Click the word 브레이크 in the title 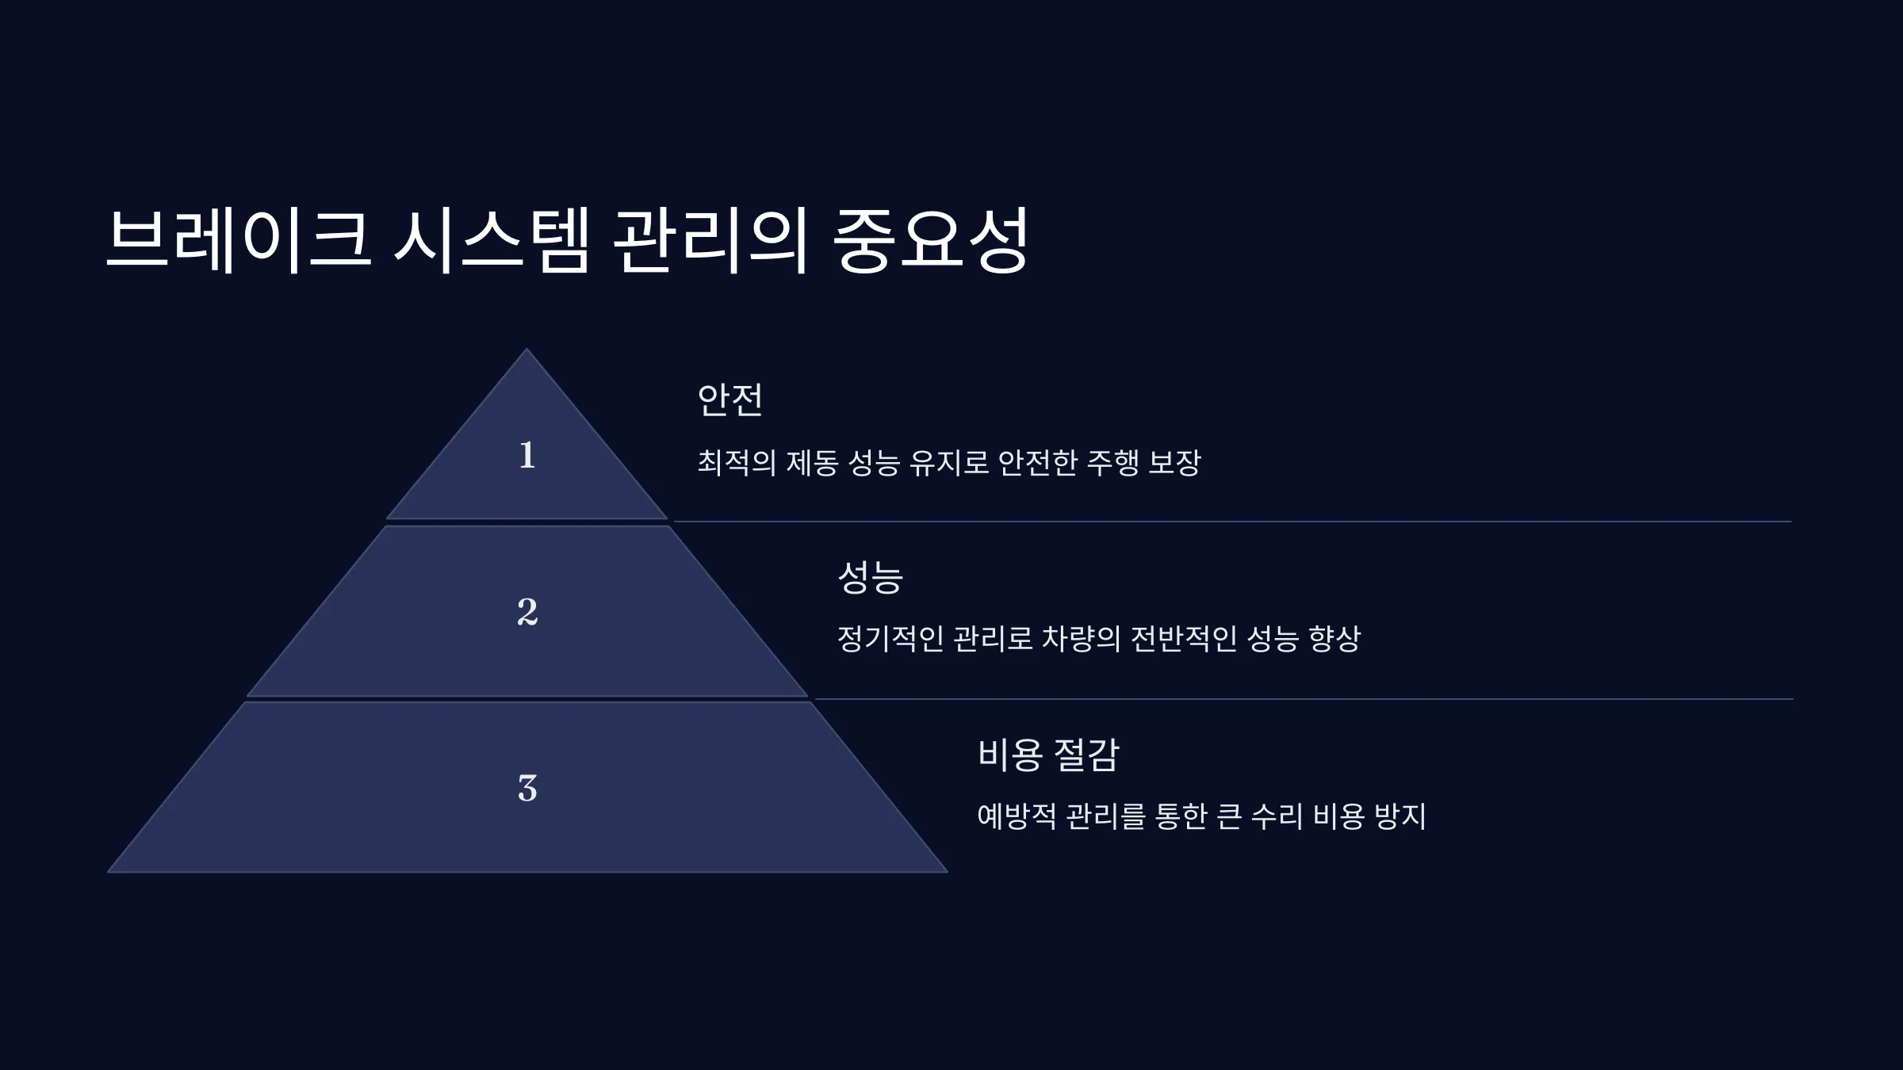click(x=238, y=240)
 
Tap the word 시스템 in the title click(x=492, y=240)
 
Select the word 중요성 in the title click(x=930, y=240)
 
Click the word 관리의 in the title click(x=710, y=240)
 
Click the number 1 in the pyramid click(x=527, y=456)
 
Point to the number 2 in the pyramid click(x=527, y=612)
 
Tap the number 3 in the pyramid click(x=527, y=789)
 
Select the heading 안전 click(x=730, y=399)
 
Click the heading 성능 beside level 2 click(x=871, y=576)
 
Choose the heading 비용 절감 click(x=1048, y=754)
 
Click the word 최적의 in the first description click(x=737, y=462)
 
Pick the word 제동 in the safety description click(x=812, y=462)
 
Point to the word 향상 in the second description click(x=1334, y=638)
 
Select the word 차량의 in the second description click(x=1081, y=638)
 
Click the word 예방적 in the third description click(x=1017, y=816)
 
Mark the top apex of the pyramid click(x=526, y=349)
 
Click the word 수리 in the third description click(x=1277, y=816)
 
